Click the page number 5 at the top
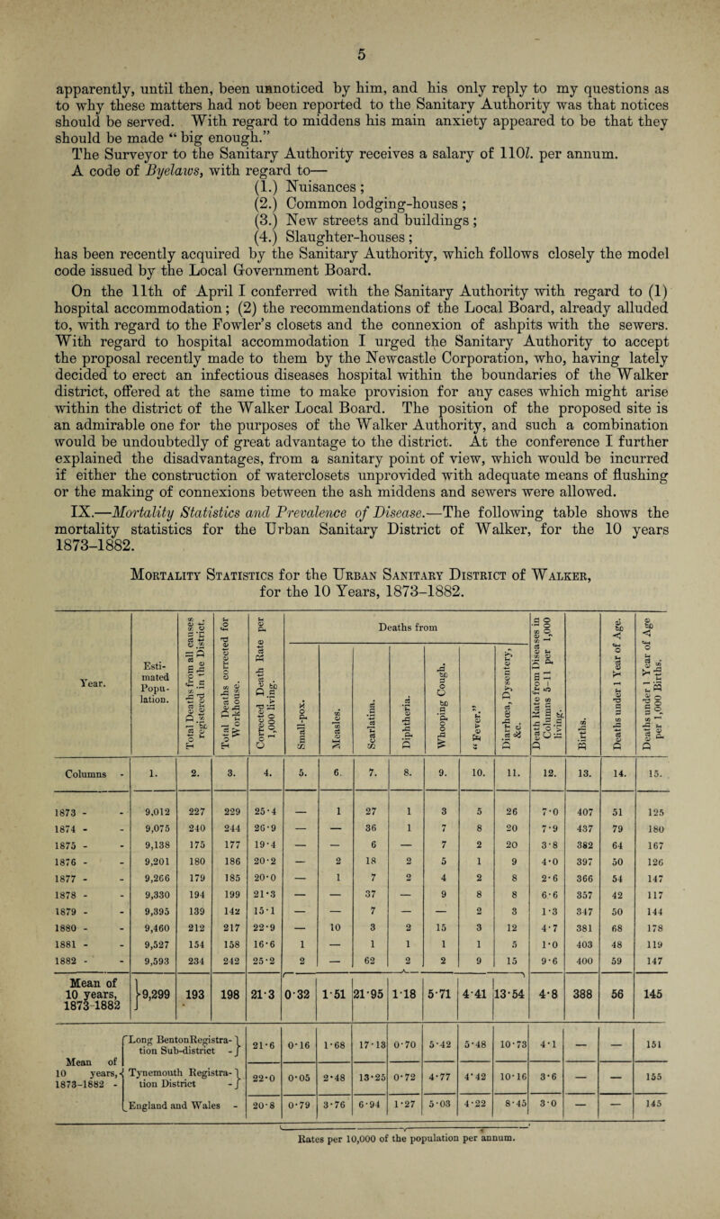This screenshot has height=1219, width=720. click(x=360, y=13)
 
